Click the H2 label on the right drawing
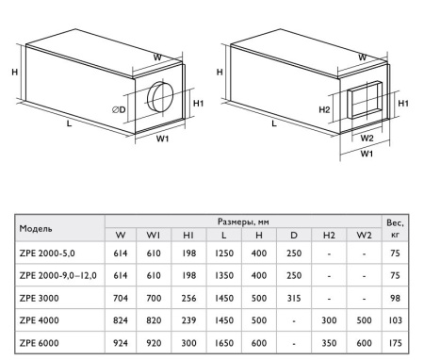tap(324, 108)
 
